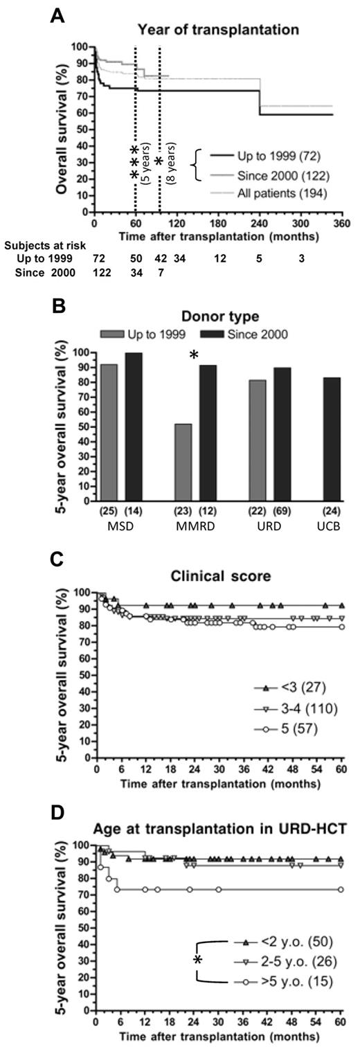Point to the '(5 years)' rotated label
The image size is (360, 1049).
click(145, 167)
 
